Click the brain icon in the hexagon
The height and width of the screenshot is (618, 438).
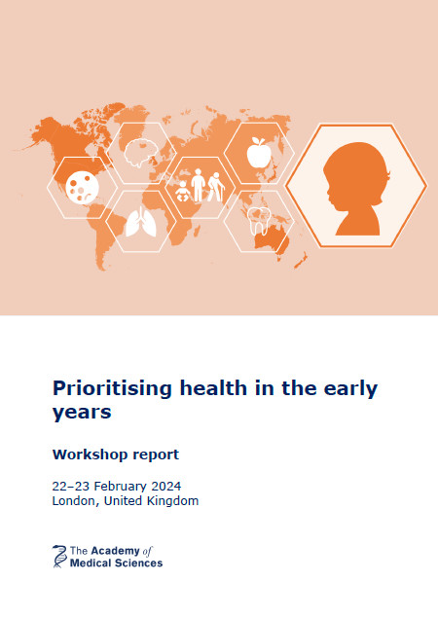tap(140, 153)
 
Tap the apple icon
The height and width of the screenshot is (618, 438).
tap(259, 153)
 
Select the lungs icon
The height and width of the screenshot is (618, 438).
tap(141, 222)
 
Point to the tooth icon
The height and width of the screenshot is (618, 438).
tap(259, 221)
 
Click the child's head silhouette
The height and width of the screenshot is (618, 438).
tap(356, 189)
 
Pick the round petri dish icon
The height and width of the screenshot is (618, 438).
tap(82, 187)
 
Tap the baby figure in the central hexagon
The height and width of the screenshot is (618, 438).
tap(182, 191)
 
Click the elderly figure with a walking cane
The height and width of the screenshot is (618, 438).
tap(216, 187)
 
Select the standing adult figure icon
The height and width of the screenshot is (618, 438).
tap(198, 185)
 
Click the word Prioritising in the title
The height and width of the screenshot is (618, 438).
tap(112, 388)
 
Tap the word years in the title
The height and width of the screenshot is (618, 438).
tap(82, 413)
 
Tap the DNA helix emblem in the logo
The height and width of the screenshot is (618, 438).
tap(59, 556)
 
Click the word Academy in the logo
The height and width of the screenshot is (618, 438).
tap(110, 551)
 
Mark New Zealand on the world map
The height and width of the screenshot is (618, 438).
tap(301, 261)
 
